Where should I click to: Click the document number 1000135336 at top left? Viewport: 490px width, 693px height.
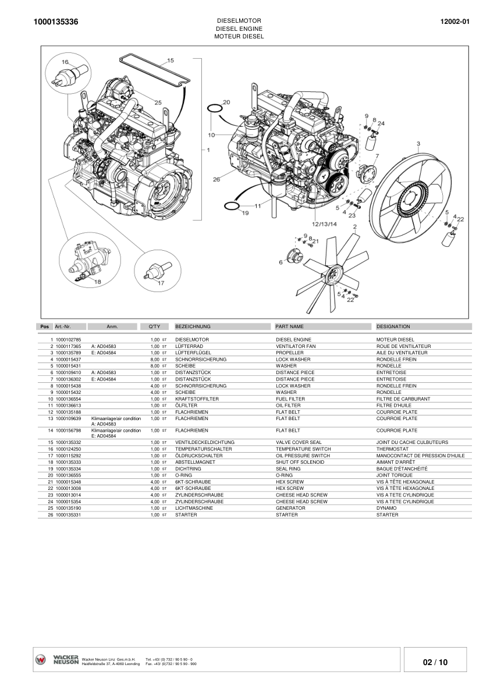(x=56, y=22)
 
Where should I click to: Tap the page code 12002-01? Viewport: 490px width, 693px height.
(x=456, y=22)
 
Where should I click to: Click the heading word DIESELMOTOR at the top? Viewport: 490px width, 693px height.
(x=239, y=20)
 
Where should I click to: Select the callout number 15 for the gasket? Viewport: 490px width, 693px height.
(x=171, y=61)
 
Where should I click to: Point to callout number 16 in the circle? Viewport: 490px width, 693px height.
(x=65, y=62)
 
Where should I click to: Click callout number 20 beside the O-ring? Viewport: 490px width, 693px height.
(x=226, y=102)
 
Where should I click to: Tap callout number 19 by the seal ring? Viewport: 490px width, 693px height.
(x=245, y=213)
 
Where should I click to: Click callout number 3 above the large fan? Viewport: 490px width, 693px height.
(x=418, y=143)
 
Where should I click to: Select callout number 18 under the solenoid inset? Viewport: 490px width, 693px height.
(x=97, y=282)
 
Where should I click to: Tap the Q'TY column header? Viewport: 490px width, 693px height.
(x=147, y=326)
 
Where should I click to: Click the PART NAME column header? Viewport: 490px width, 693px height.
(x=290, y=326)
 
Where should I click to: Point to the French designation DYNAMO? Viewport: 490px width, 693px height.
(x=387, y=508)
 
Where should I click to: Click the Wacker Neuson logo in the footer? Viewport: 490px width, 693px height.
(x=57, y=660)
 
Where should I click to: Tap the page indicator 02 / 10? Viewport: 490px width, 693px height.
(x=435, y=662)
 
